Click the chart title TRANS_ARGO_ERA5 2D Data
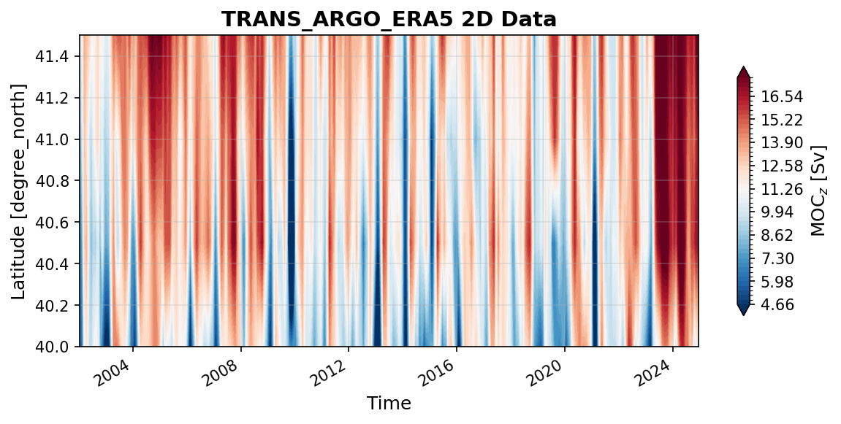389,19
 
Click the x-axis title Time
389,403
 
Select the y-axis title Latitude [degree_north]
18,191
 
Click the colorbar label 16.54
782,97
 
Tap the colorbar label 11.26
782,189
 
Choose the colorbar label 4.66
778,304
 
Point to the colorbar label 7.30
778,258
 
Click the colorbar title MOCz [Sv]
819,190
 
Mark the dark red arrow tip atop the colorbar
743,68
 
